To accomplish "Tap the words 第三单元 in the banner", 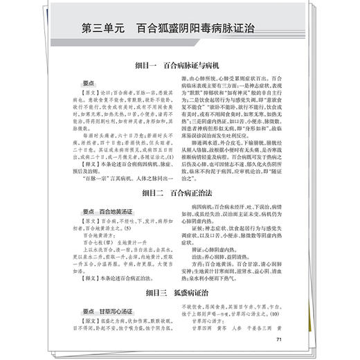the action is pos(105,30).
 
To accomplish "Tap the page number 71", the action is pos(278,339).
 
